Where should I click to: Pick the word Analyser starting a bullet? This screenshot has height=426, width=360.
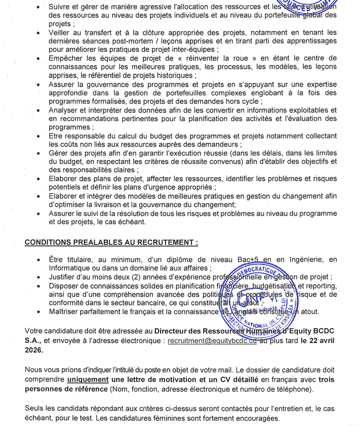point(67,110)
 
